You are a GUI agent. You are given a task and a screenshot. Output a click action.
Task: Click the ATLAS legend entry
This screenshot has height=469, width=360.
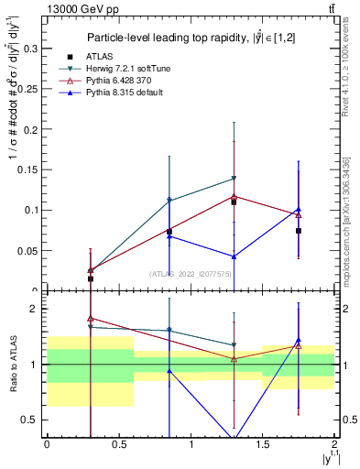click(x=103, y=57)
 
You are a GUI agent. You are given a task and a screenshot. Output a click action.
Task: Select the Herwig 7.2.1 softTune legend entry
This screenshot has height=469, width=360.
click(x=128, y=69)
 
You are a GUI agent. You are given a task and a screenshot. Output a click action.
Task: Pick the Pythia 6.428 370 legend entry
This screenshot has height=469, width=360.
click(x=123, y=81)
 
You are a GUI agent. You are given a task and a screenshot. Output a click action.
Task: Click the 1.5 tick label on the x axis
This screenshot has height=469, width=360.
click(x=262, y=444)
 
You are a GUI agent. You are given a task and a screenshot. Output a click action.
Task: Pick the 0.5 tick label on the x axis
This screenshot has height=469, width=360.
click(x=118, y=444)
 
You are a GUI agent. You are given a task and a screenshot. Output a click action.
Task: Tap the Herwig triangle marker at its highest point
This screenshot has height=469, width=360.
click(x=234, y=178)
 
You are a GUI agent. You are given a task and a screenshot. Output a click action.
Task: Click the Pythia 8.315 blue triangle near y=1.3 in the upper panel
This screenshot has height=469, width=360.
click(x=234, y=256)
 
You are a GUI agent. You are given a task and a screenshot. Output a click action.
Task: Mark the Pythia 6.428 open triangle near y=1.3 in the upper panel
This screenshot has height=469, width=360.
click(x=234, y=195)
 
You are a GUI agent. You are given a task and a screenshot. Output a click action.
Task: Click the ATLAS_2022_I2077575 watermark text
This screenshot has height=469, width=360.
click(x=190, y=273)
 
